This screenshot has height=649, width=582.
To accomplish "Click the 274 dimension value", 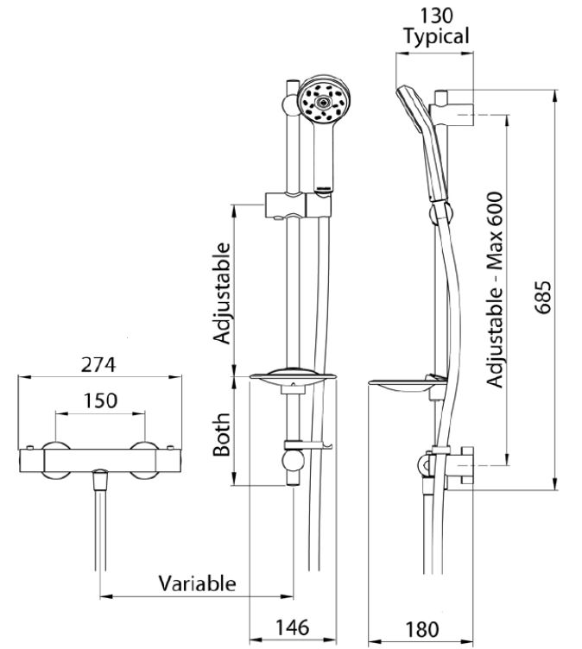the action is coord(98,365).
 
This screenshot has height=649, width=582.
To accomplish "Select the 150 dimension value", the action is coord(101,400).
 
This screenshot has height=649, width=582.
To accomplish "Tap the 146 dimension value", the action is coord(293,627).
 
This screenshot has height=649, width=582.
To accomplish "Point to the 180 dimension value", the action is coord(422,629).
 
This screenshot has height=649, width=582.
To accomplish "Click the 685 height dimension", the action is coord(542,297).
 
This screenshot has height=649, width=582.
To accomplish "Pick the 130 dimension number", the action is coord(437,16).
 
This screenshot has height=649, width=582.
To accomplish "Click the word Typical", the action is coord(437,36).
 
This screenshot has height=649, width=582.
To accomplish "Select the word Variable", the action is coord(197,583).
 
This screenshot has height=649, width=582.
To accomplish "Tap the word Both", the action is coord(222,435).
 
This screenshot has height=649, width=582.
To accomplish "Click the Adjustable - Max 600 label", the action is coord(495,290).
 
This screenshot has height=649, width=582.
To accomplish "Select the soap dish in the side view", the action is coord(408,385).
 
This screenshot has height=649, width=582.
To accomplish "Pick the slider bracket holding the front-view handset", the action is coord(298,205).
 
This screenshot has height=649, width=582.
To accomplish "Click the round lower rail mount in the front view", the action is coord(294,461).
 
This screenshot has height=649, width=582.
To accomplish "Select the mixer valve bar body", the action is coord(100,460).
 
